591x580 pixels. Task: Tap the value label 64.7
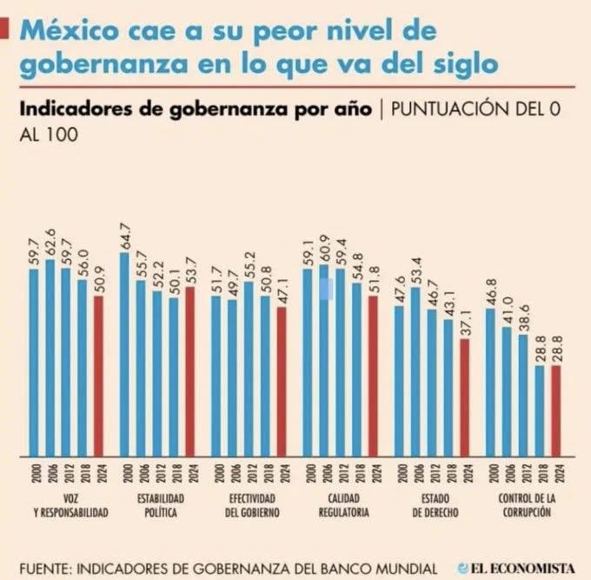pos(124,237)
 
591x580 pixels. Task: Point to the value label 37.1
pos(465,324)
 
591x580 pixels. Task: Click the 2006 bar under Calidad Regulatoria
pos(324,360)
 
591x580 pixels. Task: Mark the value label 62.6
pos(50,245)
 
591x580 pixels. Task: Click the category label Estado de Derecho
pos(432,504)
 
